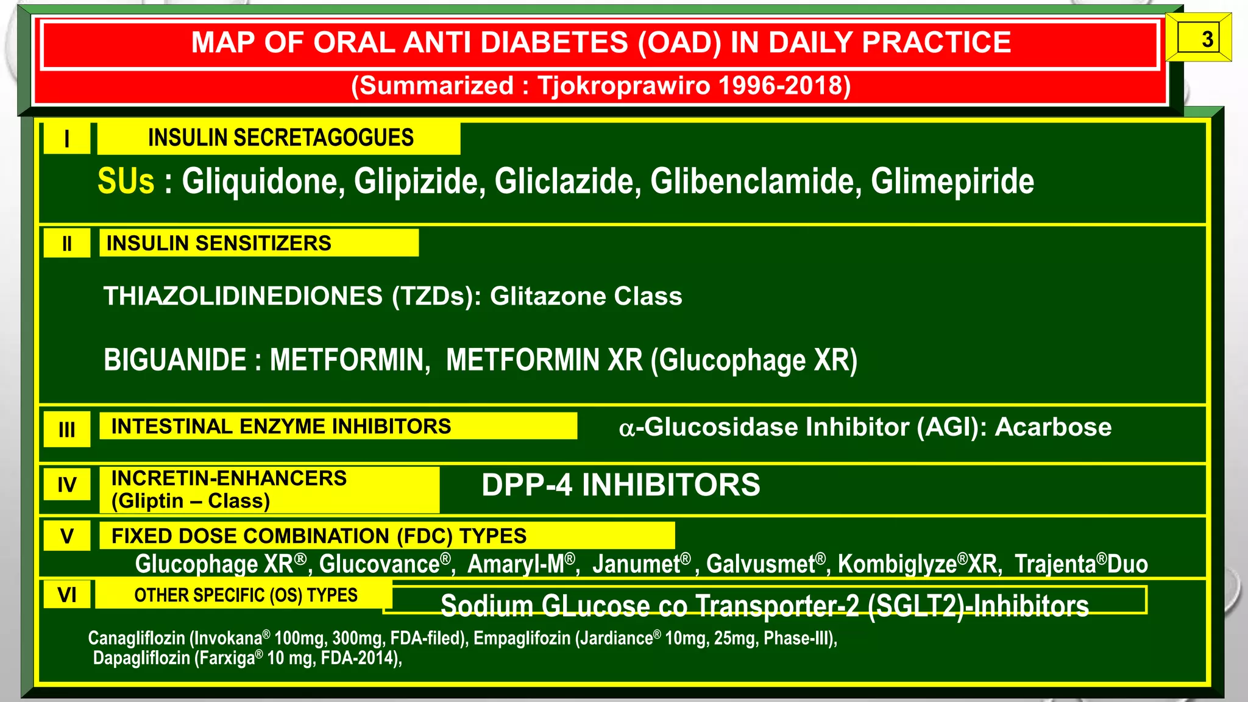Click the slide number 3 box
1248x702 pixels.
(x=1199, y=39)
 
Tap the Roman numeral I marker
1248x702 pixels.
(x=67, y=139)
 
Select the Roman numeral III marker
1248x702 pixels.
(x=67, y=430)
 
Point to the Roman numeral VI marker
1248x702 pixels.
(x=67, y=594)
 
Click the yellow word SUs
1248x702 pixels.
(x=126, y=182)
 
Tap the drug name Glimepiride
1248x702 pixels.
(x=952, y=182)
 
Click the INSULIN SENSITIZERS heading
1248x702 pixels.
(x=219, y=243)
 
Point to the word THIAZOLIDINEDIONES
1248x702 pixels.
(x=243, y=296)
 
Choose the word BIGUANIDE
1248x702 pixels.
(x=175, y=360)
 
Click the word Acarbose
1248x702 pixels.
(x=1053, y=427)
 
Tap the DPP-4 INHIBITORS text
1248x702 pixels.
(x=621, y=485)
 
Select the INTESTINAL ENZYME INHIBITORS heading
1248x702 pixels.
(x=281, y=426)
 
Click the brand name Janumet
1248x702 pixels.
(x=636, y=564)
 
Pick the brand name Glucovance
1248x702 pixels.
(x=379, y=564)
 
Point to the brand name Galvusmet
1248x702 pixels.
(x=760, y=564)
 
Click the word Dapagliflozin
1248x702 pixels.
(x=141, y=658)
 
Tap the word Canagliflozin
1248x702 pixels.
(x=136, y=638)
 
